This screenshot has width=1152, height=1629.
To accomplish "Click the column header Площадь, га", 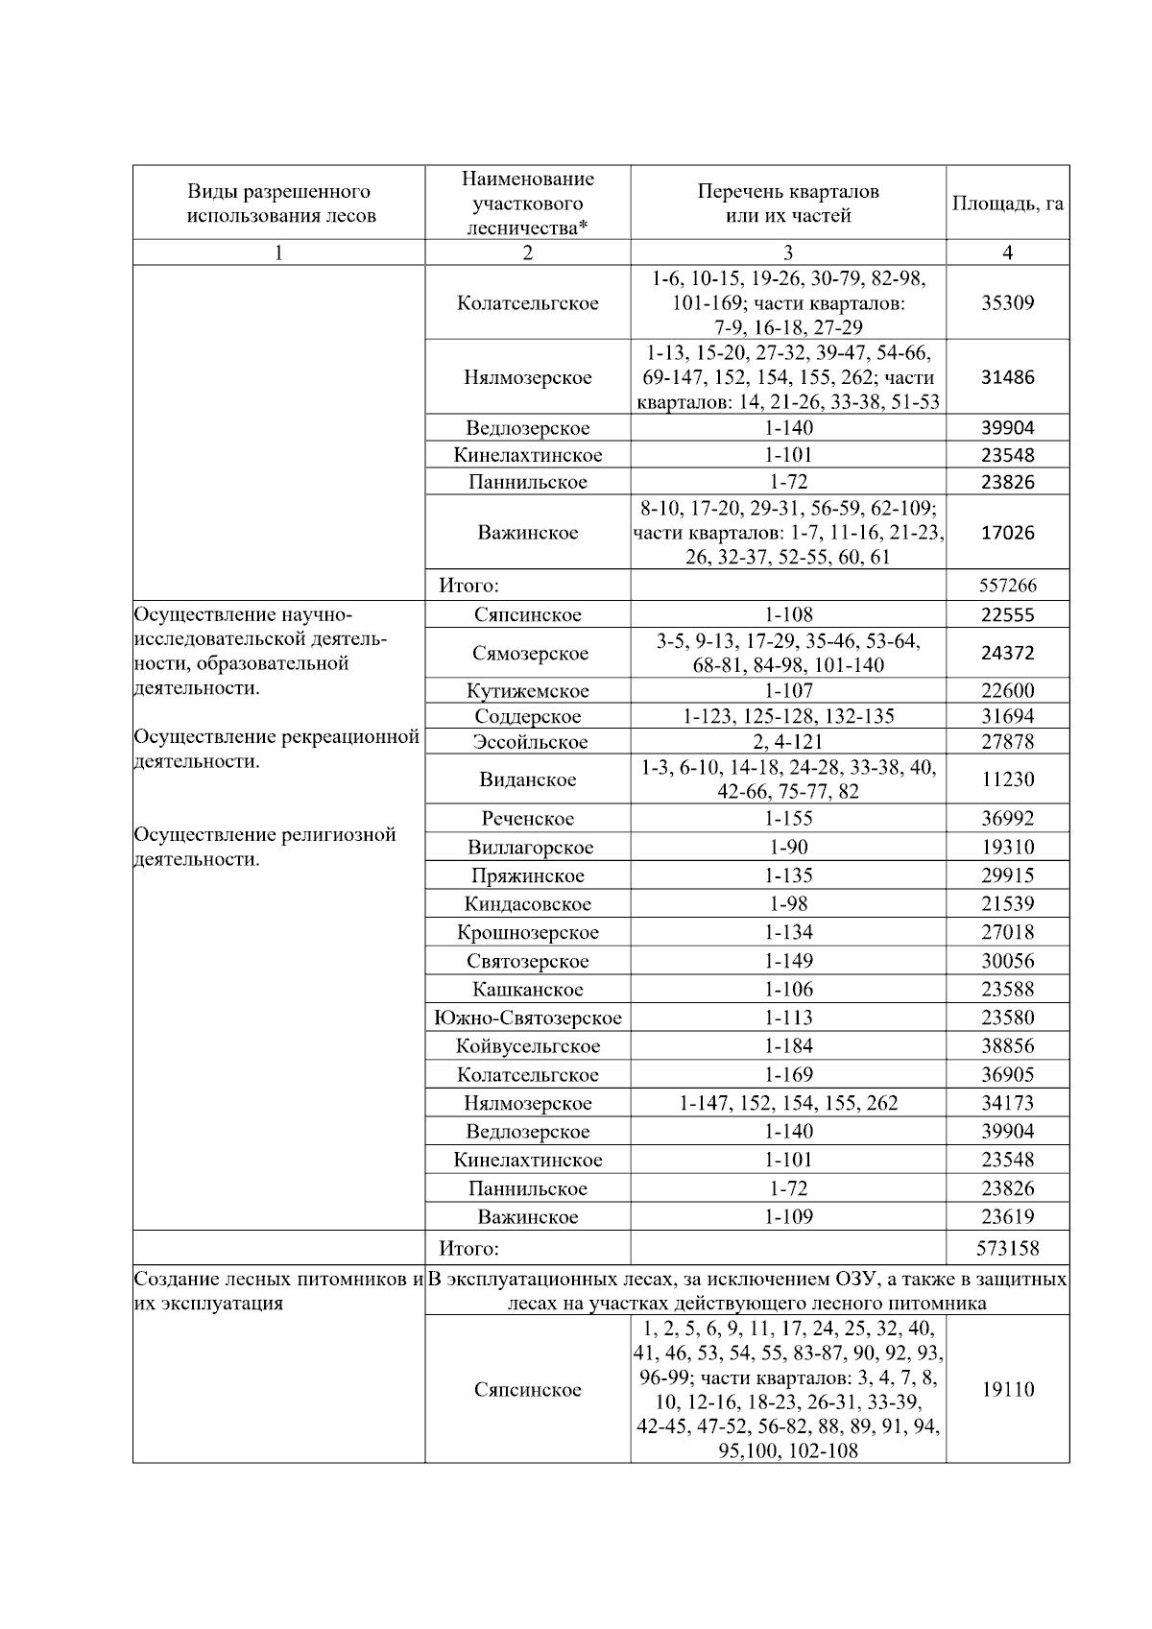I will click(1007, 204).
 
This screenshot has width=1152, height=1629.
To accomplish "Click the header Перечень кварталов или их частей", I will click(788, 204).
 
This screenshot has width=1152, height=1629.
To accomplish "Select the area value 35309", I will click(1007, 302).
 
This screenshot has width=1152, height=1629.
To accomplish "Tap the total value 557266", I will click(1008, 585).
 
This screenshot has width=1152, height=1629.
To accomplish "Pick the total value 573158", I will click(1008, 1249).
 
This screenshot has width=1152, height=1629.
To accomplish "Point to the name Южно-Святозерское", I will click(527, 1018).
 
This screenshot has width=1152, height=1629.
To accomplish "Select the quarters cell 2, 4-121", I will click(788, 742).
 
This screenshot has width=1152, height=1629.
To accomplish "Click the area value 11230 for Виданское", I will click(1008, 779).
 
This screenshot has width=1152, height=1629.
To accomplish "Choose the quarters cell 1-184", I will click(788, 1046).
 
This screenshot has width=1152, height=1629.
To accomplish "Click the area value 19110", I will click(1008, 1389).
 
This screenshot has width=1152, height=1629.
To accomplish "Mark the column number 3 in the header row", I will click(788, 252).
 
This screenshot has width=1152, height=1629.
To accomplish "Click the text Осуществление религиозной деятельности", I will click(265, 847).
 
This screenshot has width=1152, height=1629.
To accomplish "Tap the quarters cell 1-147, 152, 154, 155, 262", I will click(788, 1103).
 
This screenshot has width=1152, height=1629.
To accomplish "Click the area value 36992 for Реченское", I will click(1008, 819).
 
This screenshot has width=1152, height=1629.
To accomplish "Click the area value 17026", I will click(1008, 533).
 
